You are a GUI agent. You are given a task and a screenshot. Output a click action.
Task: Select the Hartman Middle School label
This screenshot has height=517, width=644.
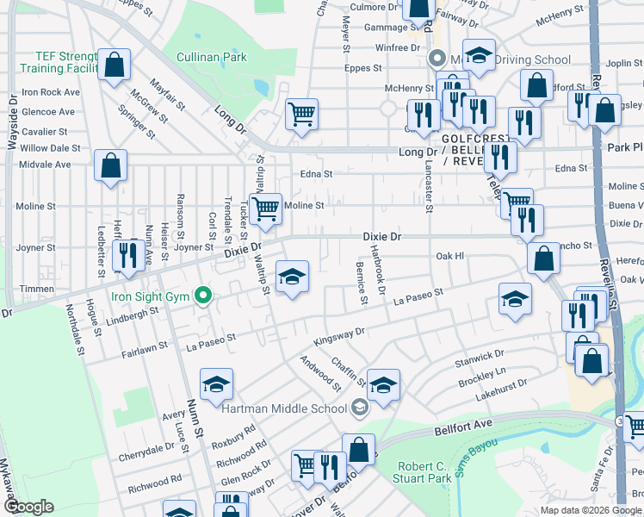[284, 408]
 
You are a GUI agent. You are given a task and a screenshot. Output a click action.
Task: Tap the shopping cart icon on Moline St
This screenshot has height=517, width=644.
[266, 208]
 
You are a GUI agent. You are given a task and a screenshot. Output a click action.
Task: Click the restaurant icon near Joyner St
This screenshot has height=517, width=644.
[128, 256]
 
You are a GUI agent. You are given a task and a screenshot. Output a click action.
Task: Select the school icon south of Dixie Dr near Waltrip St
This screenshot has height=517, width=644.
[292, 277]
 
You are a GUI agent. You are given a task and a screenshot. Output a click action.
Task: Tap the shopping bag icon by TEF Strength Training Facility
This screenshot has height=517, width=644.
[114, 65]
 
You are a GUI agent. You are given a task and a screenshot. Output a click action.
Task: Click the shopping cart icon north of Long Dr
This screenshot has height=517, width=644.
[301, 114]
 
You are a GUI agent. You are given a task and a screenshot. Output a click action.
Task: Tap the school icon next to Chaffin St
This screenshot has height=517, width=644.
[384, 384]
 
